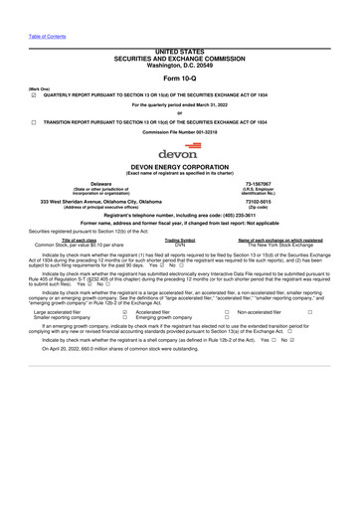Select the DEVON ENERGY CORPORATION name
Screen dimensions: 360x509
point(179,168)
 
